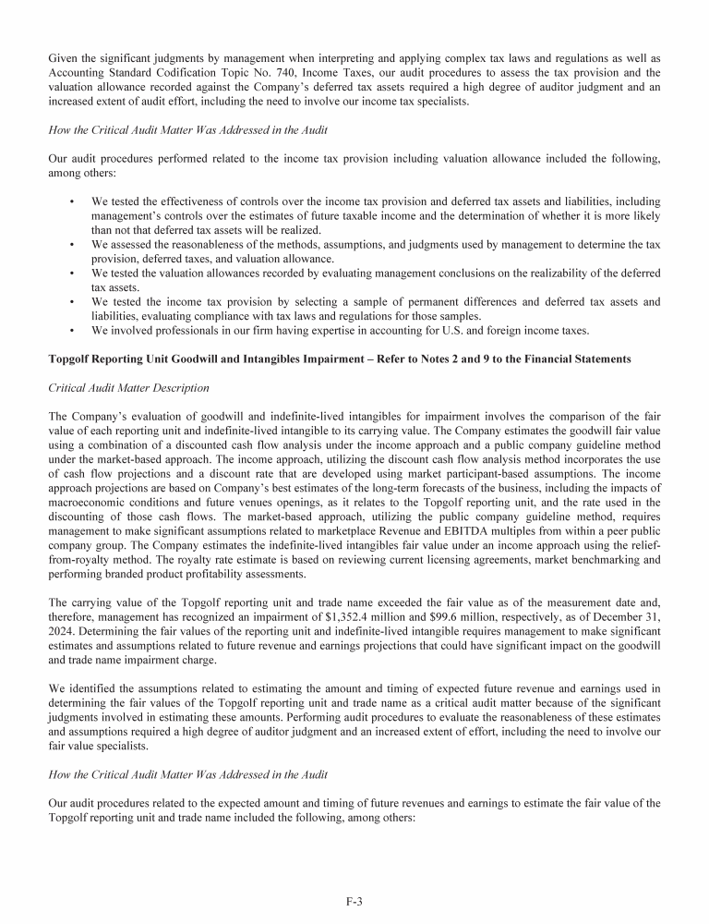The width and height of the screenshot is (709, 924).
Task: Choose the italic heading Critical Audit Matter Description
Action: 128,387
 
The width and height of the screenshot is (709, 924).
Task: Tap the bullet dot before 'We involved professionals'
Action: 71,332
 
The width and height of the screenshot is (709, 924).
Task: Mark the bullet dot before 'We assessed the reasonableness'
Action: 71,245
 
